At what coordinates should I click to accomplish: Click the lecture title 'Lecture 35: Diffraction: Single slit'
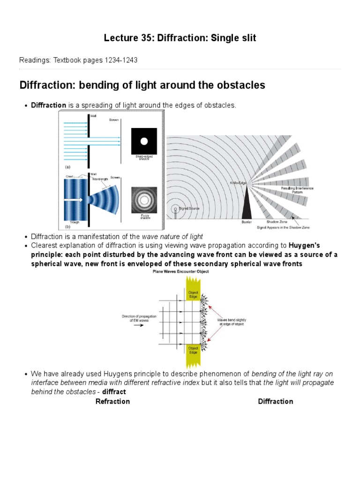click(x=180, y=38)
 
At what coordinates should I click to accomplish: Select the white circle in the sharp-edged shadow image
click(x=144, y=141)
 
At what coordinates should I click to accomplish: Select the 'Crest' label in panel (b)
click(x=71, y=177)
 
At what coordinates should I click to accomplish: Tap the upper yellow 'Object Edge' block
click(x=193, y=292)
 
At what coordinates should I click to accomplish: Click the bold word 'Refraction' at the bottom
click(x=112, y=401)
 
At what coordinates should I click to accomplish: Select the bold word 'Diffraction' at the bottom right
click(x=275, y=401)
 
